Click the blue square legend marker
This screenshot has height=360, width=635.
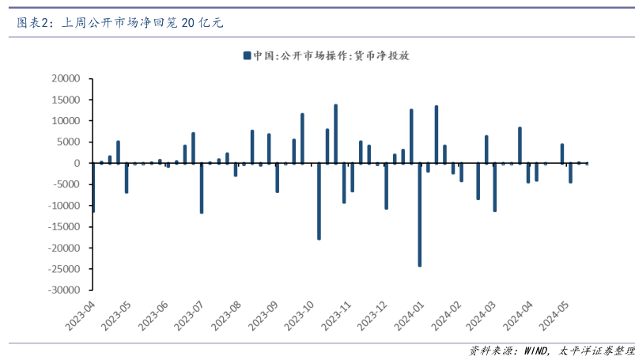point(247,55)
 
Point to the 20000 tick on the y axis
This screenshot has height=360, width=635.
point(66,79)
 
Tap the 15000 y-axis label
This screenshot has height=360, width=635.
point(66,100)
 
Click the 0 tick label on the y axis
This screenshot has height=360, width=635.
point(77,164)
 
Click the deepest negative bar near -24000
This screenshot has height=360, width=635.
point(420,214)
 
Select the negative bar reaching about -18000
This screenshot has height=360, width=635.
point(319,201)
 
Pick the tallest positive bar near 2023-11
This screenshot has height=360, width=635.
point(335,134)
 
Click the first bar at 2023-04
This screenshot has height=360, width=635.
point(93,188)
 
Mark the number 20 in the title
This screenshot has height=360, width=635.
point(187,22)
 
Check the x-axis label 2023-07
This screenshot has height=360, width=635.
point(191,316)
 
